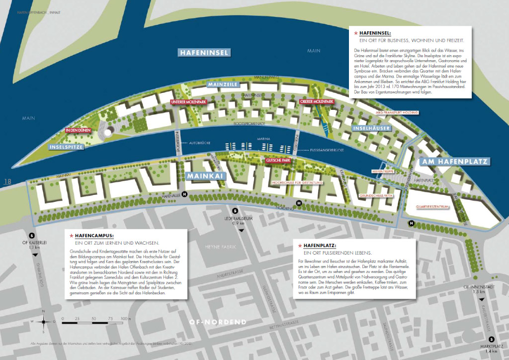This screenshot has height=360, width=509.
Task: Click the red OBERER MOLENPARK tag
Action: pos(317,101)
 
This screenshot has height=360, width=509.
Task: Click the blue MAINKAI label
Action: pos(204,175)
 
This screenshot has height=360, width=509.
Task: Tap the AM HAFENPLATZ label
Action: pos(454,162)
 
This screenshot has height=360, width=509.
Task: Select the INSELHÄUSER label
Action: pos(368,128)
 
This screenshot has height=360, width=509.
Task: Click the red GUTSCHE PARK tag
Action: pos(278,161)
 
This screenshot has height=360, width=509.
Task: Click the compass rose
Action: pos(44,321)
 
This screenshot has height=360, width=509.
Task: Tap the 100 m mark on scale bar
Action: pos(126,317)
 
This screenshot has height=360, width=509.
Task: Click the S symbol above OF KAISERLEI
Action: pos(32,235)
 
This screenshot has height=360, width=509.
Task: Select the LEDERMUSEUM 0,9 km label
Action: pos(235,220)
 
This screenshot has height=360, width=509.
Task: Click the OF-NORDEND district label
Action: pos(218,322)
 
